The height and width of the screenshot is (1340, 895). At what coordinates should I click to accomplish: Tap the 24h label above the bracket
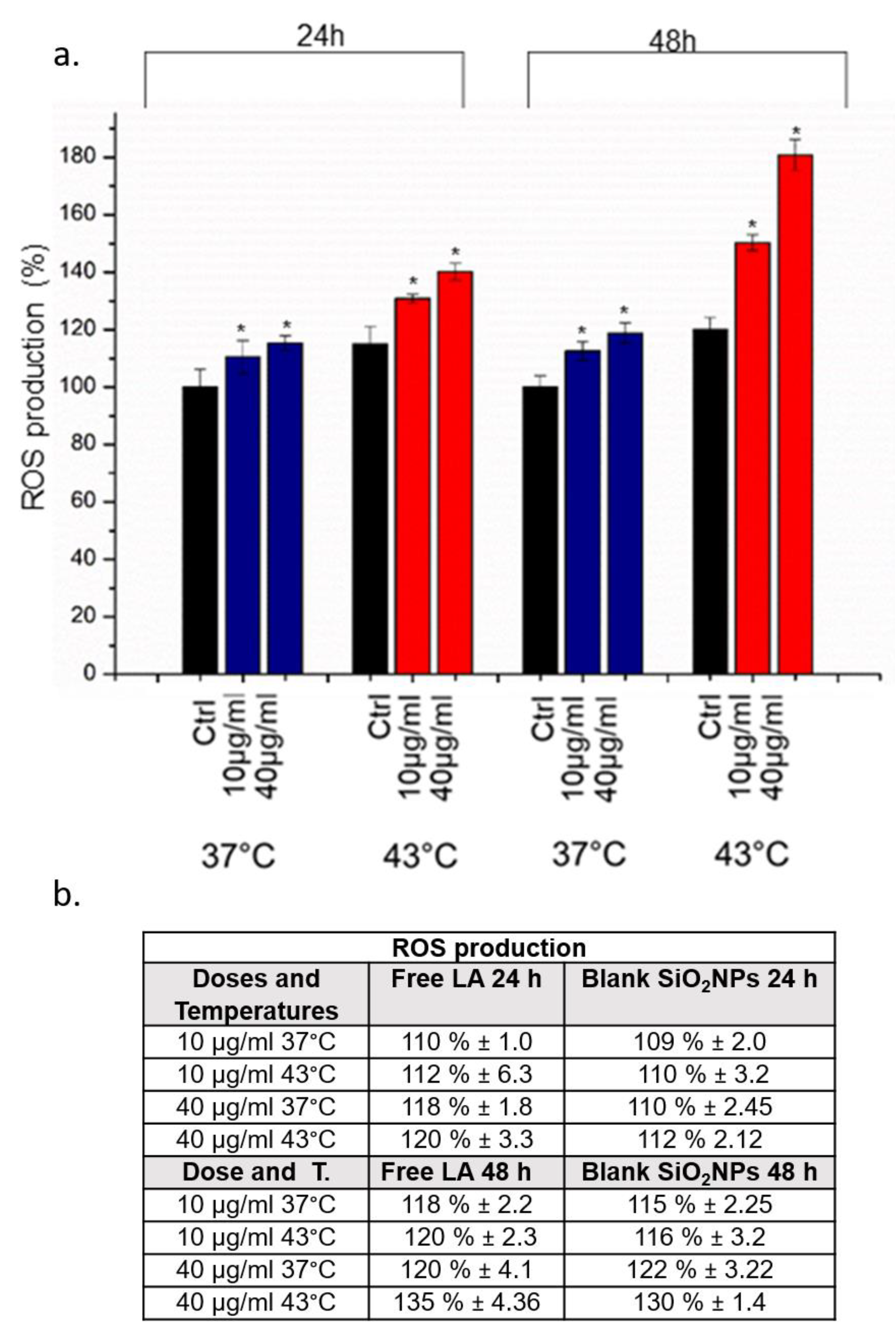(320, 37)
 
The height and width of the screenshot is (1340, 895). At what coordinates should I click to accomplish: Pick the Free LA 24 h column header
(466, 979)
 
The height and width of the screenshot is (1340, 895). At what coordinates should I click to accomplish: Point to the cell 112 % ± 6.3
(466, 1074)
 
